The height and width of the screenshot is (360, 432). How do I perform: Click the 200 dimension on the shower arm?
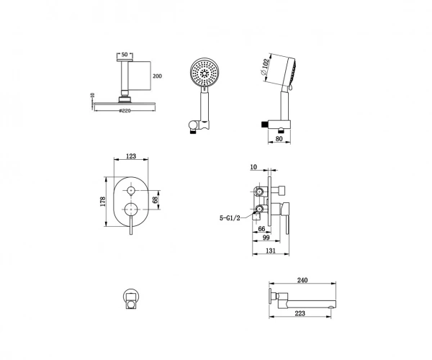click(157, 76)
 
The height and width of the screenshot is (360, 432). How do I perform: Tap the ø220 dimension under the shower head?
click(125, 111)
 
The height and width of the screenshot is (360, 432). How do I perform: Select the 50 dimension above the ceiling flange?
click(125, 55)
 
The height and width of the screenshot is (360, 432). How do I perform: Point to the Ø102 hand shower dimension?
click(264, 67)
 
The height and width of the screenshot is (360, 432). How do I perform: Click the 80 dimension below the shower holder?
click(279, 139)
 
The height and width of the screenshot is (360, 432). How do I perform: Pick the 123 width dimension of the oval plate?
click(131, 156)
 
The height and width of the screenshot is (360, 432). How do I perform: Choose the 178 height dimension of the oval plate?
click(103, 202)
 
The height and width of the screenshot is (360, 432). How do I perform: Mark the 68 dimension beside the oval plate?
click(155, 199)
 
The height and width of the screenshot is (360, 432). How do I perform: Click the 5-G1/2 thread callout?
click(230, 218)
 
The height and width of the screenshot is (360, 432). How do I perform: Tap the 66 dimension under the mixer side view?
click(261, 229)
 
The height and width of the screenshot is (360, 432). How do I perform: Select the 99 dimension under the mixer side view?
click(266, 238)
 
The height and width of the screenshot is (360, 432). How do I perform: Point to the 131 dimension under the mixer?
click(271, 251)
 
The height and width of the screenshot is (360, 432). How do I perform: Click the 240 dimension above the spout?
click(302, 280)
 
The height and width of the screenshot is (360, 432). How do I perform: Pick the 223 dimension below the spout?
click(300, 313)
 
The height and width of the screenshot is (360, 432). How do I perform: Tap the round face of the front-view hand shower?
click(204, 72)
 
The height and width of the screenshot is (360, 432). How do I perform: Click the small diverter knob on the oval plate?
click(130, 190)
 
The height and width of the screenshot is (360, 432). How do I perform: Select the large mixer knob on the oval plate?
click(131, 210)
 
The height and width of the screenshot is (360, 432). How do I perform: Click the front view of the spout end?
click(131, 299)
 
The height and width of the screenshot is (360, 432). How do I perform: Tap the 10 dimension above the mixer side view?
click(253, 167)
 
